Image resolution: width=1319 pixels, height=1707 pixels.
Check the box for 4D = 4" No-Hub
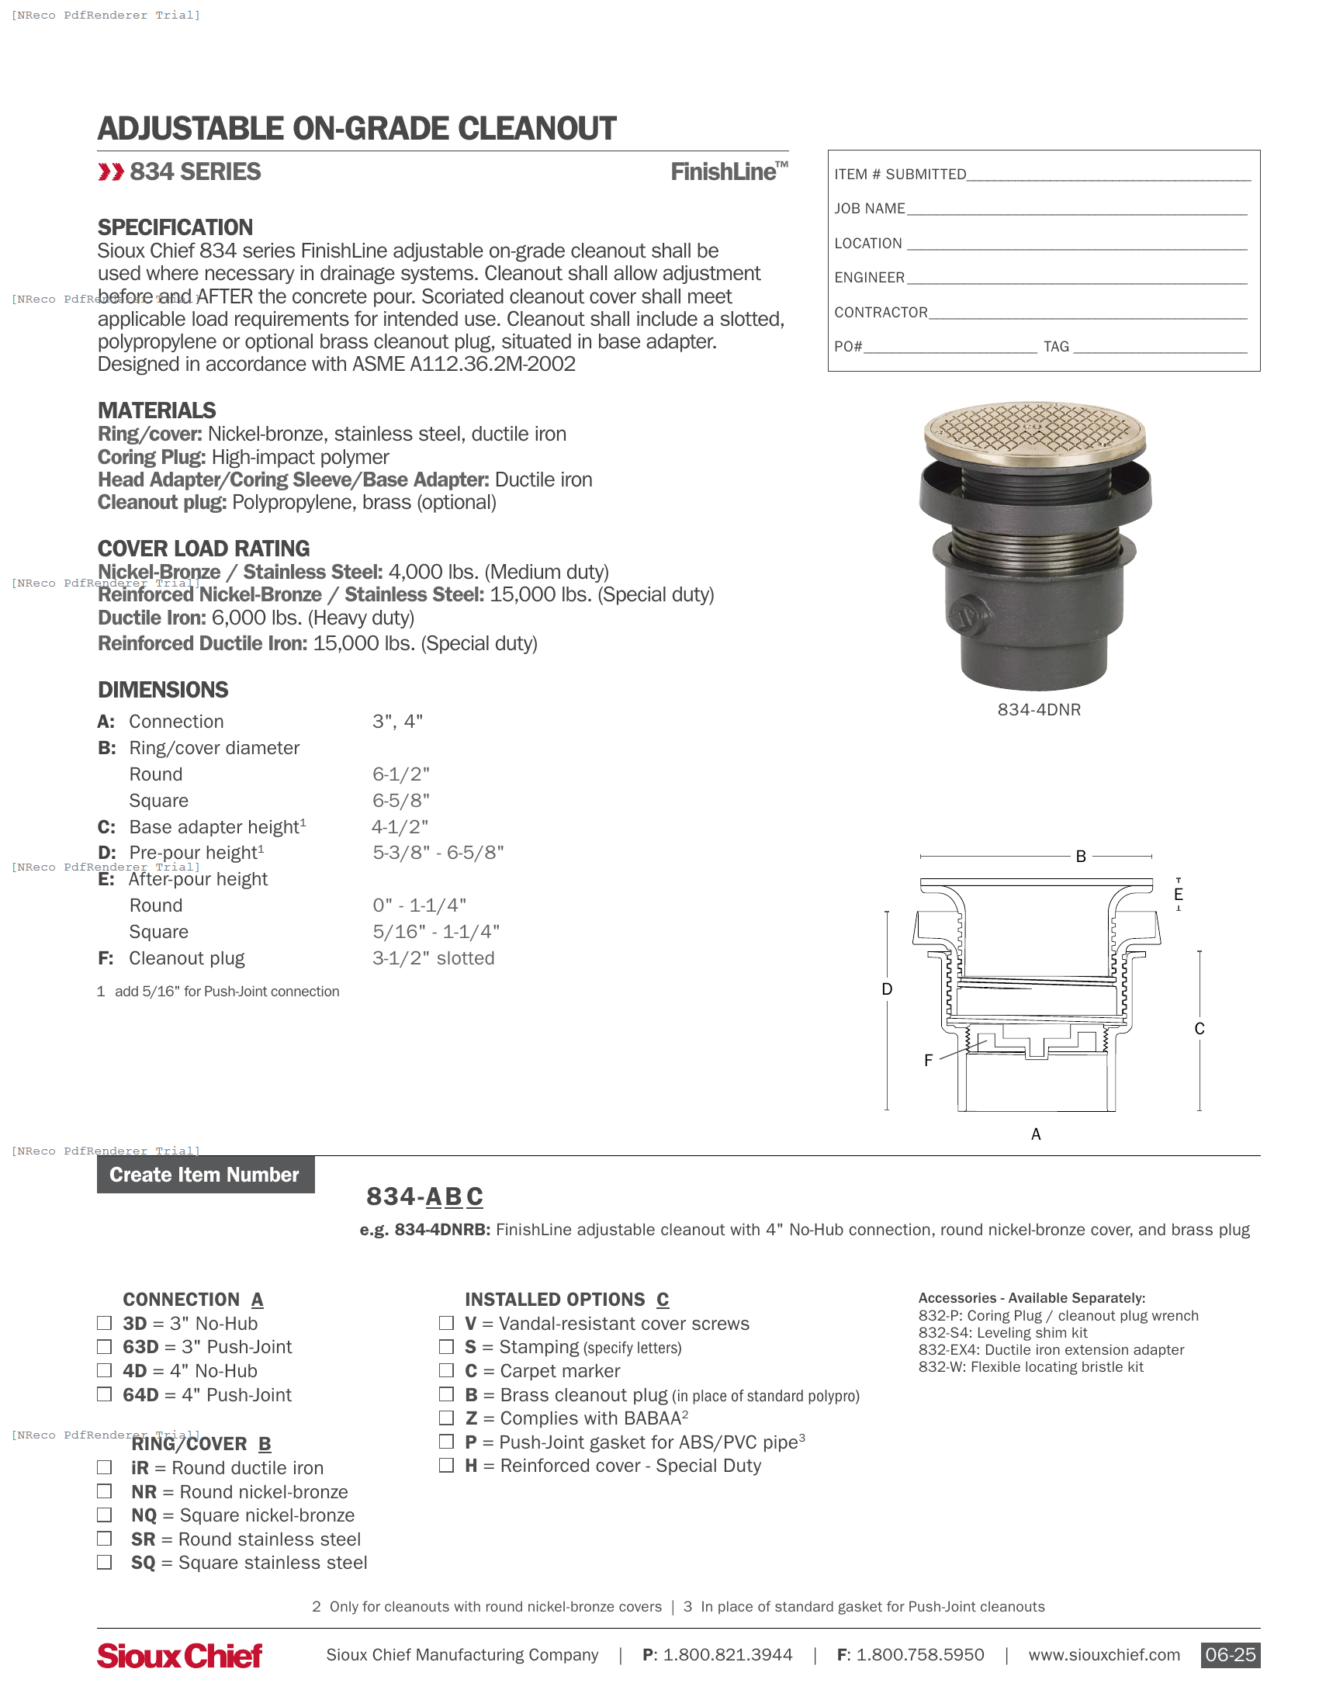pos(104,1370)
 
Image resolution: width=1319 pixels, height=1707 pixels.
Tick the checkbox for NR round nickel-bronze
pos(104,1491)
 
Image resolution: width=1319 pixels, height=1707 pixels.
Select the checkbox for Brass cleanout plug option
pos(446,1394)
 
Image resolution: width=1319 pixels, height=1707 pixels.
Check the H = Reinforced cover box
pos(446,1465)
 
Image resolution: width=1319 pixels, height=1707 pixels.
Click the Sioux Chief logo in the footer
pos(180,1655)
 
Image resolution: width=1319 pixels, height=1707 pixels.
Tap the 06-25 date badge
pos(1229,1655)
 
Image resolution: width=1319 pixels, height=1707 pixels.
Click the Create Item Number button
pos(206,1175)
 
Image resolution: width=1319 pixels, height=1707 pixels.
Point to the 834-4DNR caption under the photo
pos(1038,710)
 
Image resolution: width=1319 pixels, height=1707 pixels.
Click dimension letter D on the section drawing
pos(887,989)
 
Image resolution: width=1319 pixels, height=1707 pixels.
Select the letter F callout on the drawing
pos(928,1061)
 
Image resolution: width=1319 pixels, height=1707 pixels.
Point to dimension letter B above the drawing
pos(1081,857)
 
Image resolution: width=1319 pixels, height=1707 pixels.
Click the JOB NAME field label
pos(869,209)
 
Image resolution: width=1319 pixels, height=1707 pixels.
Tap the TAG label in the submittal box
pos(1056,347)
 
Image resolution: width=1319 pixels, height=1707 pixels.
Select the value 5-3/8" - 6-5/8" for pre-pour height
pos(438,853)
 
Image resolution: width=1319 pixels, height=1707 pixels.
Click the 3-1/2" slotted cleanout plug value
pos(433,958)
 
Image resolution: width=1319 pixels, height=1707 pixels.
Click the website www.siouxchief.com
pos(1103,1655)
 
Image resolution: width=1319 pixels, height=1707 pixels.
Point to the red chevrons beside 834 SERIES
pos(111,172)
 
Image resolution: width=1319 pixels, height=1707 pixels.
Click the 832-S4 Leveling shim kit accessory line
pos(1002,1332)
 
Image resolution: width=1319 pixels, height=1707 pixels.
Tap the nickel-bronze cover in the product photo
pos(1033,430)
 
